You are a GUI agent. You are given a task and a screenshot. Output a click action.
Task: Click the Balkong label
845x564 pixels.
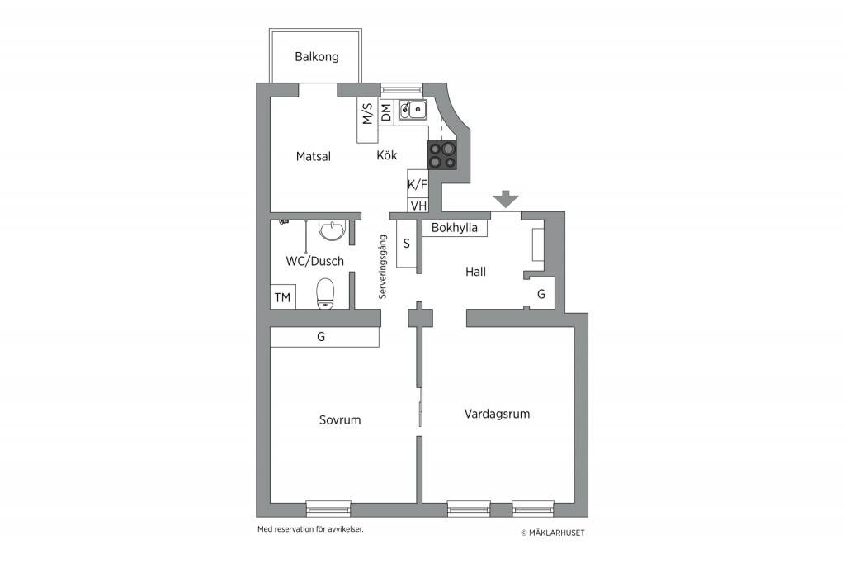(317, 57)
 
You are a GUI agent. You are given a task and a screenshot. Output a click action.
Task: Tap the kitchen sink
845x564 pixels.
(413, 110)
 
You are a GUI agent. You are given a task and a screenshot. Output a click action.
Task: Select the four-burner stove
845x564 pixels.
(442, 155)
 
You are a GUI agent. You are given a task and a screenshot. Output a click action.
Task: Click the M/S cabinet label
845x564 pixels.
(367, 114)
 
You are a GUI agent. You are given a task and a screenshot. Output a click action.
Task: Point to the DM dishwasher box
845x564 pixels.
(386, 112)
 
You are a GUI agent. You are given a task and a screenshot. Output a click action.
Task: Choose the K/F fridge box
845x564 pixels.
(418, 184)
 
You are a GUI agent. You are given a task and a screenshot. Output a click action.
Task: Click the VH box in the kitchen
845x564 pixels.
(418, 206)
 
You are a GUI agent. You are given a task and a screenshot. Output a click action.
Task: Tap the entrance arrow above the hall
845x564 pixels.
(506, 199)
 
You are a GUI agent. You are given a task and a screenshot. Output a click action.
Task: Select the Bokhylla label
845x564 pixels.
(455, 228)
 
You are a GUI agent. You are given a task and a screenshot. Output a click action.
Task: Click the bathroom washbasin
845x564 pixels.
(332, 230)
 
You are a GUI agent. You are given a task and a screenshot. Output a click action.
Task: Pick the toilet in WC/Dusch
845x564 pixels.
(325, 293)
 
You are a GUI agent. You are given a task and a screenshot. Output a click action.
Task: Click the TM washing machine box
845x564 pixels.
(283, 297)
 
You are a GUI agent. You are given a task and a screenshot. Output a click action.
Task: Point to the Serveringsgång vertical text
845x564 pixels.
(383, 267)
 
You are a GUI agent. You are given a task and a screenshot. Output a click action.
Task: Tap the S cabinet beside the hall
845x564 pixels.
(406, 244)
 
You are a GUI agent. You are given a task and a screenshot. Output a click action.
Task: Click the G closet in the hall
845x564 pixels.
(541, 294)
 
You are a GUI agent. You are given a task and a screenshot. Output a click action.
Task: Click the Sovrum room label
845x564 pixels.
(340, 420)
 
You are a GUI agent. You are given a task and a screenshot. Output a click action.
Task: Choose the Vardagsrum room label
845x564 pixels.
(497, 414)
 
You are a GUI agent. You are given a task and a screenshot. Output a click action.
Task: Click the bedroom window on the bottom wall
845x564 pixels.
(328, 509)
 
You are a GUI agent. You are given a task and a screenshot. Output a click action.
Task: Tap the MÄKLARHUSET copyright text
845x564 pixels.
(552, 533)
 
